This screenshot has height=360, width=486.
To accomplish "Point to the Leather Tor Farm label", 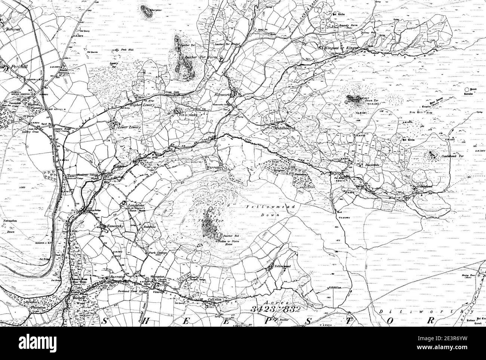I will point(202,58).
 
